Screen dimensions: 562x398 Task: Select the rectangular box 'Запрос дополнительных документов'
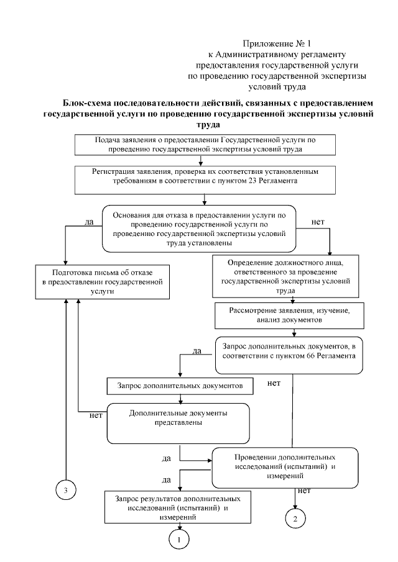tap(180, 386)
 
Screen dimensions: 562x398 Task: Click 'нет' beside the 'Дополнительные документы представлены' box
tap(96, 415)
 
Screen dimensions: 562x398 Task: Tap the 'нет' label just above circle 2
tap(304, 491)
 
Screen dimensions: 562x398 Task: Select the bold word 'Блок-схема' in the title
tap(90, 102)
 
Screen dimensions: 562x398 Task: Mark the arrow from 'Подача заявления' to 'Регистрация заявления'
tap(201, 160)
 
